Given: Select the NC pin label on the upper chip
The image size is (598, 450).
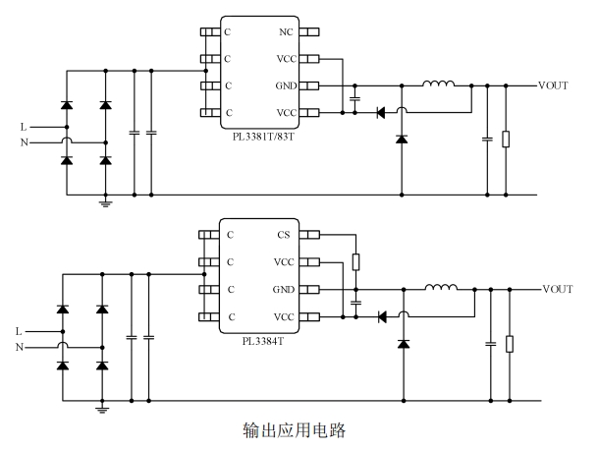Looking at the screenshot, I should (x=287, y=32).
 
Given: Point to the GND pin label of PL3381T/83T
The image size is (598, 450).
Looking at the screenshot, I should (x=285, y=85).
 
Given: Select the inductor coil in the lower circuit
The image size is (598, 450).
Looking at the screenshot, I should (x=442, y=288).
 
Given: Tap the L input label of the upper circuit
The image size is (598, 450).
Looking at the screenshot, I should (x=24, y=127).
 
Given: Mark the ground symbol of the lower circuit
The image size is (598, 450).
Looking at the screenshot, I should (x=102, y=407).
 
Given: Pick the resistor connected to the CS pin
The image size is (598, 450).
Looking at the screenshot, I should (x=356, y=262).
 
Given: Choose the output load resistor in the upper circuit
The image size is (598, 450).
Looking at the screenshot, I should (x=506, y=139).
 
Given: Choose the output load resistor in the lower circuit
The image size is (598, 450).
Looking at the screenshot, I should (x=509, y=344).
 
